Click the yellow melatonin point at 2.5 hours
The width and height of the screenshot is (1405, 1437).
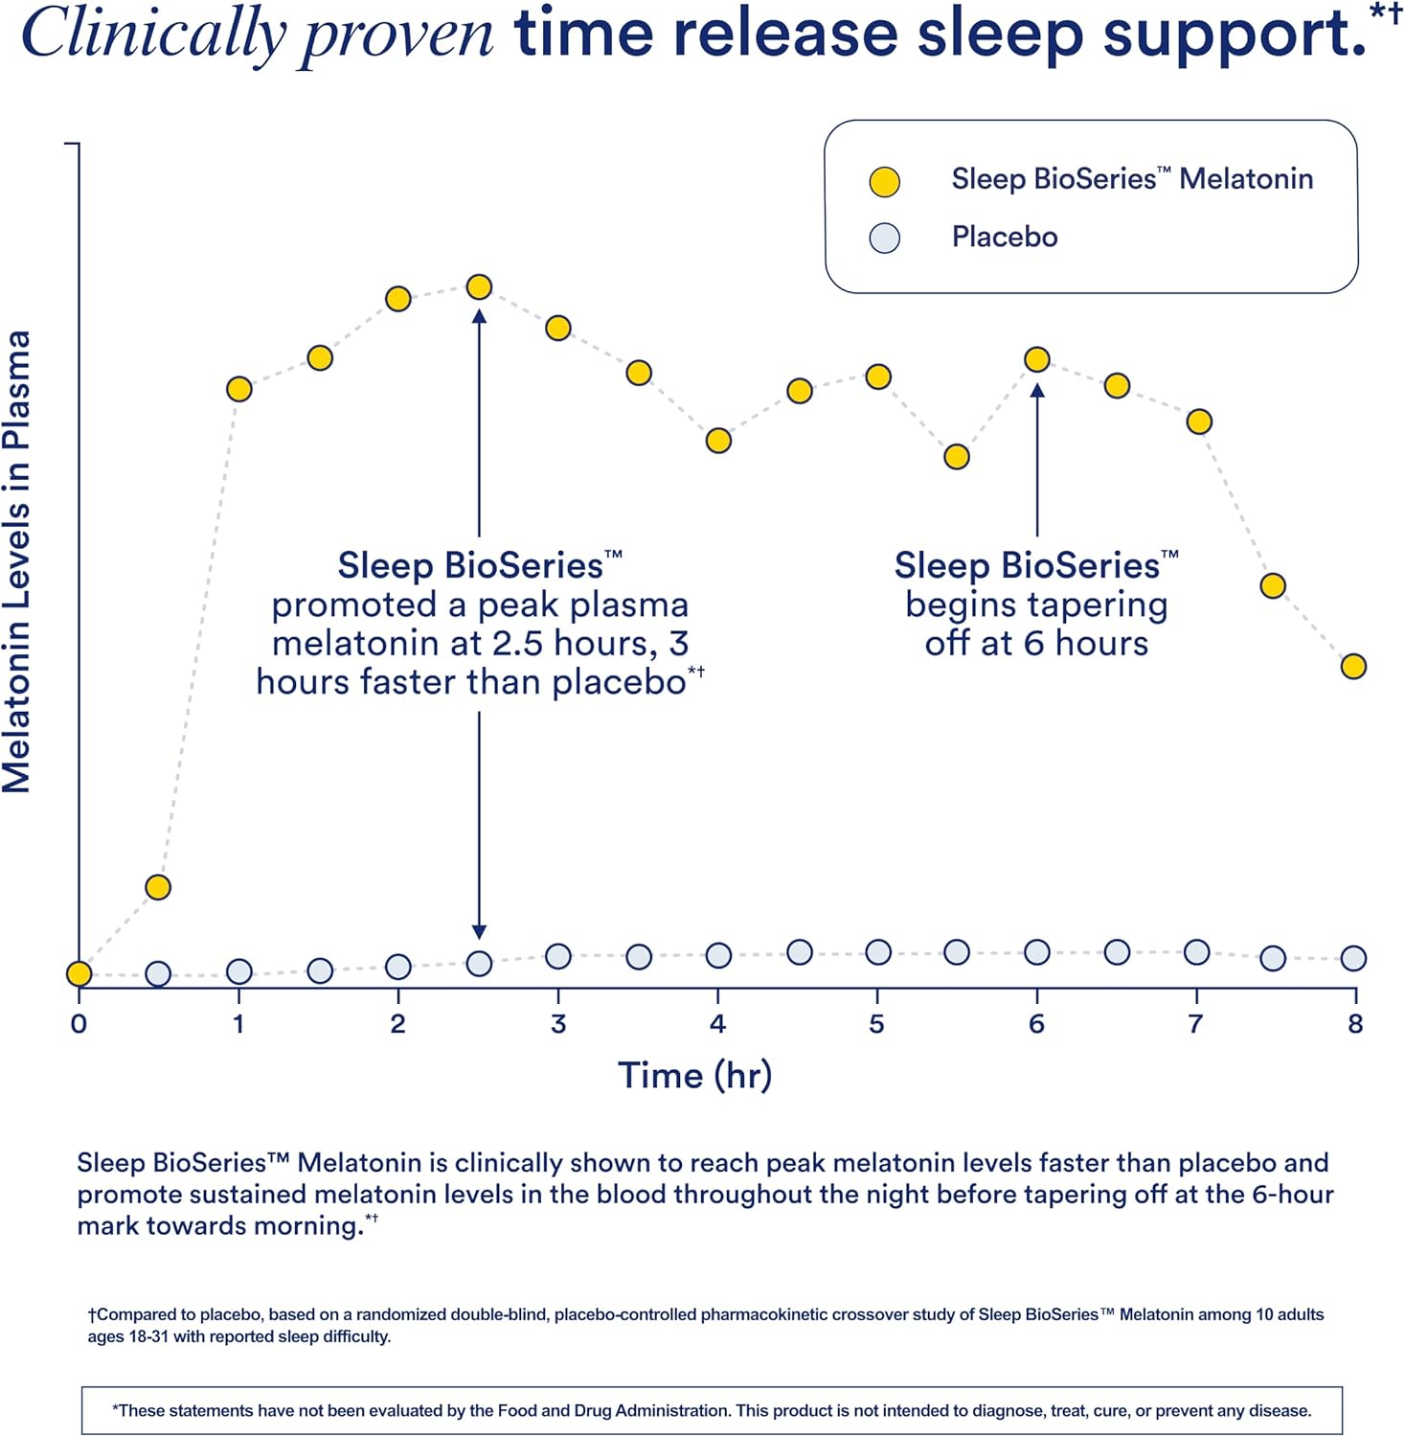coord(479,286)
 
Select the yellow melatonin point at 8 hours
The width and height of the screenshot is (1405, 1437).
coord(1352,666)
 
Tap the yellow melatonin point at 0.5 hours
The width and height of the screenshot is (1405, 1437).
coord(158,887)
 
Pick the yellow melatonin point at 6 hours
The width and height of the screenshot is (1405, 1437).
coord(1036,359)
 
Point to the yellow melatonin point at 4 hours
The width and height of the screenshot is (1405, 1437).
coord(718,441)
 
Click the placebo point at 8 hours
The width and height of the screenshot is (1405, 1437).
coord(1352,958)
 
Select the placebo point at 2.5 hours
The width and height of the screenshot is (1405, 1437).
coord(479,964)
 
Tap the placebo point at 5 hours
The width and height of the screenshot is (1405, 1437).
coord(878,952)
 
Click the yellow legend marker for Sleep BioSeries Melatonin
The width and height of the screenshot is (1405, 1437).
coord(884,182)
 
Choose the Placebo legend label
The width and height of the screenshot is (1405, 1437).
coord(1004,237)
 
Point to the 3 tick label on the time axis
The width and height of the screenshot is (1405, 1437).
coord(558,1024)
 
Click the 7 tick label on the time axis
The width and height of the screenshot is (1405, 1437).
coord(1195,1024)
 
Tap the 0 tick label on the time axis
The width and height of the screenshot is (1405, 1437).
coord(79,1024)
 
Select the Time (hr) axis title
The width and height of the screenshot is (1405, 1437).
coord(694,1075)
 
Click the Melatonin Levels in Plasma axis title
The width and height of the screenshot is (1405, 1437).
coord(17,562)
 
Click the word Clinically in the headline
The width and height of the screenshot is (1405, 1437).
coord(153,34)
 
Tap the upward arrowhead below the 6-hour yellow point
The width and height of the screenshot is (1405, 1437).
coord(1036,390)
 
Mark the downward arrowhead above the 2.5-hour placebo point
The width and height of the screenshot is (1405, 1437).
coord(479,932)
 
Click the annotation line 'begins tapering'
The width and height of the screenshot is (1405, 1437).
coord(1036,604)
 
